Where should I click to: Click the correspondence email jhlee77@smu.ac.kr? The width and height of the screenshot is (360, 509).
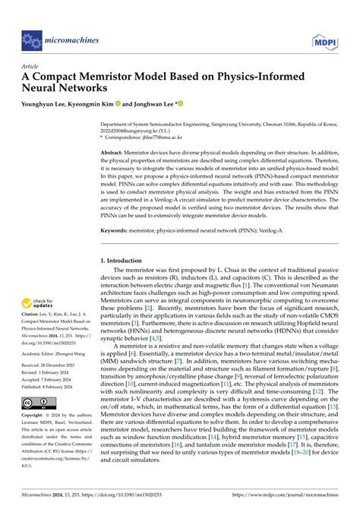coord(199,139)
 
